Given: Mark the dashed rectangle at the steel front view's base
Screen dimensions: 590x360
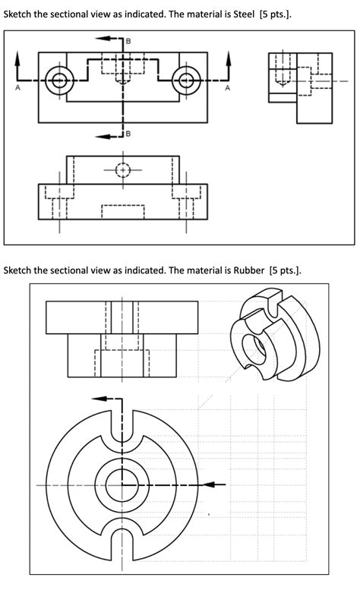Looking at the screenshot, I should coord(122,211).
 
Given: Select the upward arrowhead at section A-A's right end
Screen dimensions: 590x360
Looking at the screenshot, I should coord(228,57).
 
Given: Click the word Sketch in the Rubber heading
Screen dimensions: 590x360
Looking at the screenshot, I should coord(21,270).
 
